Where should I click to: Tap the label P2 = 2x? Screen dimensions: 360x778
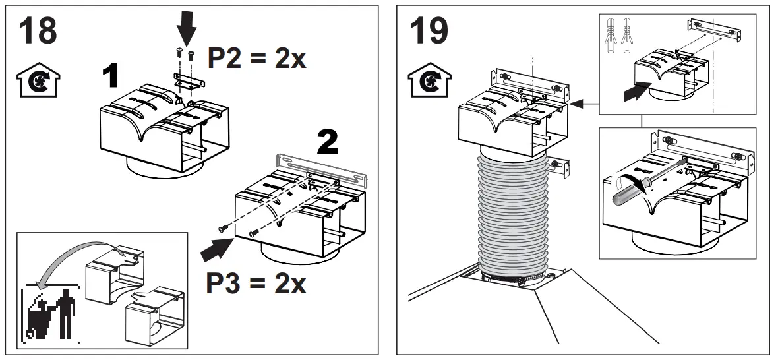[x=257, y=59]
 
